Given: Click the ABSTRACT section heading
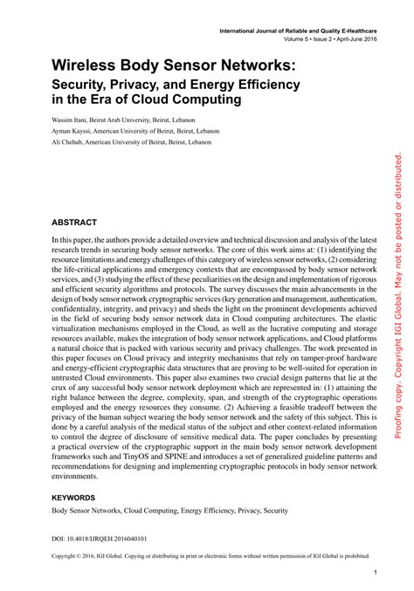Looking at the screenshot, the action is tap(73, 223).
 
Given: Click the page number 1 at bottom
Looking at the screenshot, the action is tap(375, 572).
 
